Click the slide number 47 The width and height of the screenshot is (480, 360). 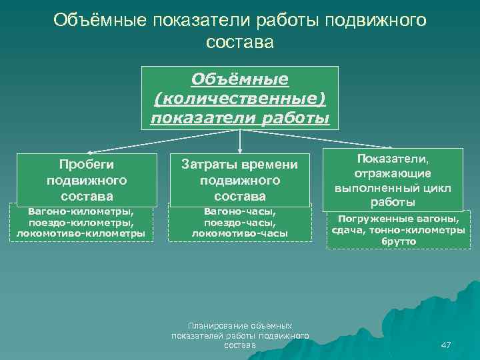446,345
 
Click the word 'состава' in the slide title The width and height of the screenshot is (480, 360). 240,42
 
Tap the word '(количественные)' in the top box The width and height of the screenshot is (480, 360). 240,99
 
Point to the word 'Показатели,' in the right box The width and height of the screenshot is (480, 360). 394,159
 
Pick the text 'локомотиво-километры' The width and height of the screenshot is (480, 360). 81,233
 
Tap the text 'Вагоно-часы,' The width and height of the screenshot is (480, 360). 240,212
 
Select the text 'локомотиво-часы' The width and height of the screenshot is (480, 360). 240,233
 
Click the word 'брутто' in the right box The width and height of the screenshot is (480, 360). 399,241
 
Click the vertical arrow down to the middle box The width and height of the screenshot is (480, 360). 240,141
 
